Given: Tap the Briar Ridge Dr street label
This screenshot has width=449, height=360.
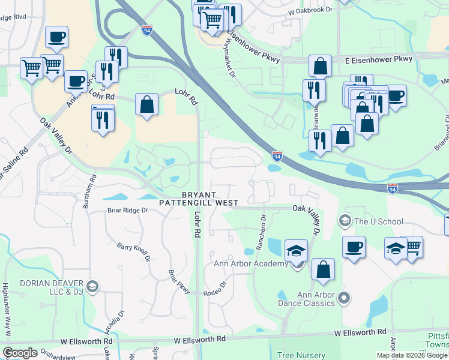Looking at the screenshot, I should tap(128, 211).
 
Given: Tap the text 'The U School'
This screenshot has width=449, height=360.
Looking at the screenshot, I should tap(379, 221).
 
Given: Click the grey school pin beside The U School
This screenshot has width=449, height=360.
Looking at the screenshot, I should tap(345, 221).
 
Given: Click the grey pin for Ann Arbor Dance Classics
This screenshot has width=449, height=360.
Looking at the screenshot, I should tap(344, 298).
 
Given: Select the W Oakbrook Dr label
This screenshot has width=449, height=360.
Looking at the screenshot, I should tap(310, 11).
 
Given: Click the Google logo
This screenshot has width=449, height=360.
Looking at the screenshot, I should tap(20, 353).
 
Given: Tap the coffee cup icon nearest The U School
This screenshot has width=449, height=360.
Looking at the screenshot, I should tap(354, 246).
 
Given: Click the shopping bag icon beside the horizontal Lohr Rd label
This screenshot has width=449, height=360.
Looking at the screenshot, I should tap(146, 104).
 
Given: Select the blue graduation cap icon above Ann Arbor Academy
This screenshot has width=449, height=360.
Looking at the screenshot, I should tap(297, 250).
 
